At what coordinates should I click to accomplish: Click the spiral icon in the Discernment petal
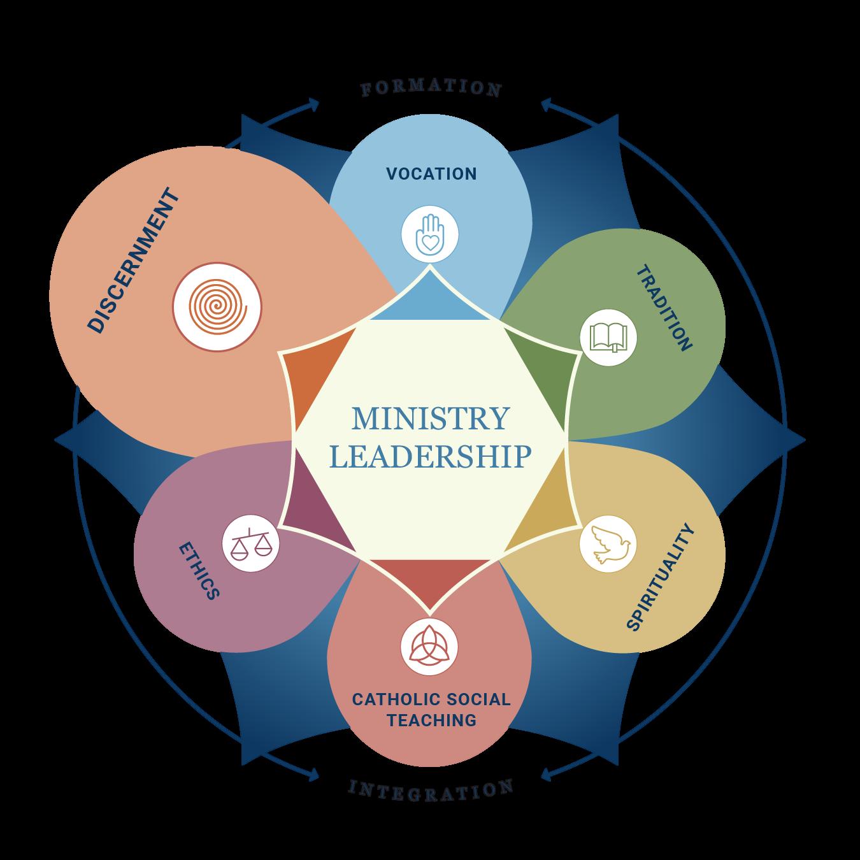tap(217, 306)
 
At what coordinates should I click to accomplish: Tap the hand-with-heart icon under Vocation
tap(430, 233)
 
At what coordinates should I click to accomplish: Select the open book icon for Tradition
tap(608, 337)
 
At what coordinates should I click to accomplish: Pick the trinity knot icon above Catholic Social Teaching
tap(429, 647)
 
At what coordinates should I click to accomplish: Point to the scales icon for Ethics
tap(250, 543)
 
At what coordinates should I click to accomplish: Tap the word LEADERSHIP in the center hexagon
tap(431, 457)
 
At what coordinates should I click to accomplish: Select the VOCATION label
tap(431, 173)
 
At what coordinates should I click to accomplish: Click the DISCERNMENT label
tap(134, 260)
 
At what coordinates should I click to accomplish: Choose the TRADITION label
tap(664, 308)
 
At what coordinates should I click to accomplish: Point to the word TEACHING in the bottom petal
tap(431, 720)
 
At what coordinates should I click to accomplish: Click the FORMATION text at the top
tap(431, 89)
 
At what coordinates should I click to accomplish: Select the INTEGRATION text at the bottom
tap(431, 790)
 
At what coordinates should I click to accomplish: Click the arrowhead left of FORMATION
tap(313, 104)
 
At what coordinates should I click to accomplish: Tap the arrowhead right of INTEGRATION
tap(547, 775)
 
